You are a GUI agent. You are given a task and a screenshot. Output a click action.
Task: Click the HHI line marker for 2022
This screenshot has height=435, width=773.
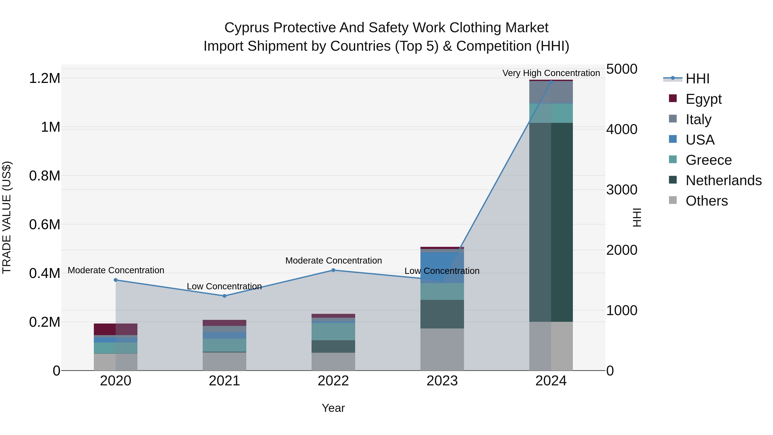[x=333, y=270]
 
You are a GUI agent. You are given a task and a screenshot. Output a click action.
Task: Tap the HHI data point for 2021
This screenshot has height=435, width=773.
[x=224, y=296]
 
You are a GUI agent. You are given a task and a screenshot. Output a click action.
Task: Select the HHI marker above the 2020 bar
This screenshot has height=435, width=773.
[x=116, y=280]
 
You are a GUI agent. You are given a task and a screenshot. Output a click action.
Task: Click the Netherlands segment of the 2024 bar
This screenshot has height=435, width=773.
[x=551, y=222]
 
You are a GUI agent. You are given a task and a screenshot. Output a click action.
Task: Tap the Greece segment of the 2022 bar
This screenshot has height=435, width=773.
[x=333, y=331]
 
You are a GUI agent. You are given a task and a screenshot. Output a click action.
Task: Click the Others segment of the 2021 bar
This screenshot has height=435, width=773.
[x=224, y=362]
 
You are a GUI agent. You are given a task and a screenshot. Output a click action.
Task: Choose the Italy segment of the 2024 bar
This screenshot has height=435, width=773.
[x=551, y=92]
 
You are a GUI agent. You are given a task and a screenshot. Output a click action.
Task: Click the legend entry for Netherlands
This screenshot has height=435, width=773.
[x=723, y=180]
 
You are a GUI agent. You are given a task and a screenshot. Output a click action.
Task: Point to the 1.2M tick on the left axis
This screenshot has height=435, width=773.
[x=44, y=79]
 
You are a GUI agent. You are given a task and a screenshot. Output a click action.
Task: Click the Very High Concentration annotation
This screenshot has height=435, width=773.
[x=551, y=73]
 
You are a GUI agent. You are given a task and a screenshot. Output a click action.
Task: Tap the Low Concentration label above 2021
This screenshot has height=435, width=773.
[x=224, y=286]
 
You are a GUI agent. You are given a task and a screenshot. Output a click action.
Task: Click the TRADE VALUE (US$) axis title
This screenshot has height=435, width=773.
[x=7, y=217]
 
